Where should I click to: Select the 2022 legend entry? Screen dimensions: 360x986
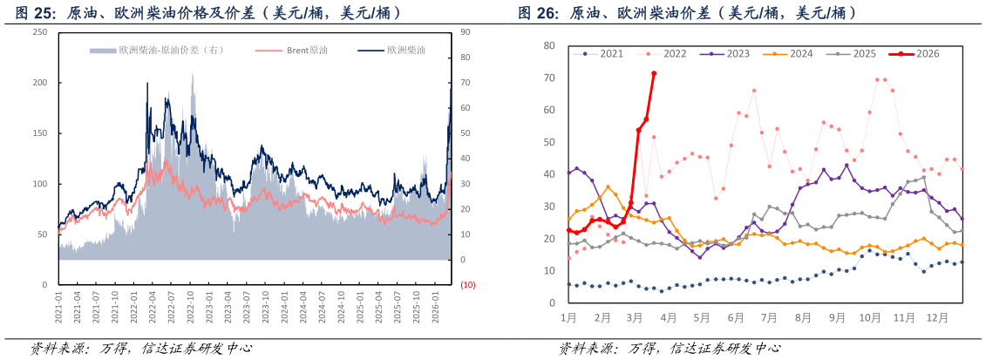[668, 53]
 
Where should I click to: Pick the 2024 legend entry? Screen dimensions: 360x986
[794, 53]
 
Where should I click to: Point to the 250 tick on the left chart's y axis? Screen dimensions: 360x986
[40, 32]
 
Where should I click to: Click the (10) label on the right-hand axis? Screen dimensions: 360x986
[468, 285]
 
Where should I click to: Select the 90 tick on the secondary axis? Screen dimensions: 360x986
[465, 32]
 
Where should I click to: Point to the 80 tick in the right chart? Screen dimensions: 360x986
[548, 45]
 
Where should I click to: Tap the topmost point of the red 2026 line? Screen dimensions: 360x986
[654, 73]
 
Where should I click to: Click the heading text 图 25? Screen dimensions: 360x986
[35, 13]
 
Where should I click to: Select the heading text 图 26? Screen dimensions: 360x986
[537, 13]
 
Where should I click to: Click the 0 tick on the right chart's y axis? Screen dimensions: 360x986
[552, 303]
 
